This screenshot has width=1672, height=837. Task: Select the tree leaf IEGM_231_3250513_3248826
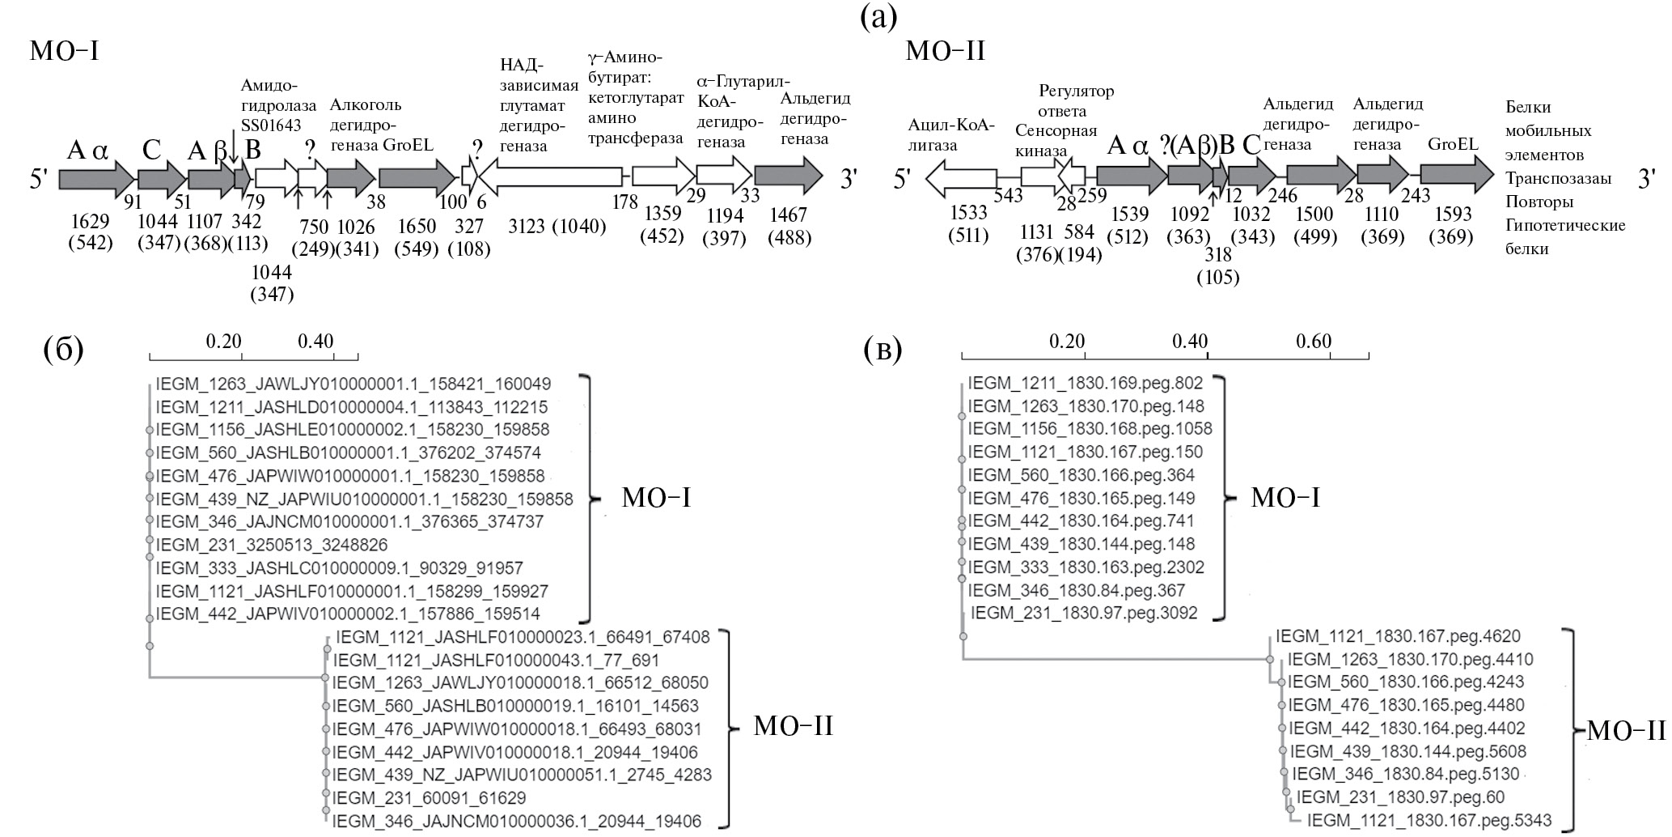pos(272,545)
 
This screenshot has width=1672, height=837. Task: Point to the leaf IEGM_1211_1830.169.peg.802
pos(1086,383)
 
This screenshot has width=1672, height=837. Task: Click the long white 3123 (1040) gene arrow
pos(553,176)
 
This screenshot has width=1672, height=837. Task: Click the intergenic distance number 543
pos(1008,195)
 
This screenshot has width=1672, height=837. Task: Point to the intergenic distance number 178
pos(624,202)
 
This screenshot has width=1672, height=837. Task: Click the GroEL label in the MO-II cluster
pos(1453,144)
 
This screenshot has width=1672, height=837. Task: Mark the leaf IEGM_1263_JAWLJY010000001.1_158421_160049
pos(353,384)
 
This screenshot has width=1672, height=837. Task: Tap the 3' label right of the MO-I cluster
pos(848,179)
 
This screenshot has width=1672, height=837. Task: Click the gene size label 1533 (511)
pos(968,224)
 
